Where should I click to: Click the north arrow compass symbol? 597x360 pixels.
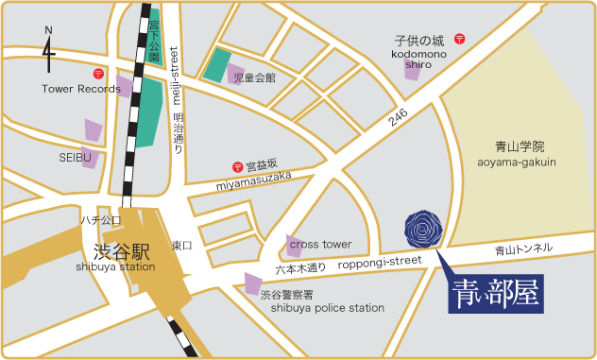click(49, 52)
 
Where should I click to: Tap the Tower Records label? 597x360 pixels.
click(81, 90)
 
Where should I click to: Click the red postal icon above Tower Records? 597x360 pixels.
click(97, 74)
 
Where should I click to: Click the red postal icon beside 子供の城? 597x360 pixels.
click(459, 40)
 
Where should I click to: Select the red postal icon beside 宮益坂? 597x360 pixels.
click(237, 166)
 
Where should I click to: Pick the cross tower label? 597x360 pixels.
click(320, 243)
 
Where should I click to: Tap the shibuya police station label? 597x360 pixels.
click(328, 308)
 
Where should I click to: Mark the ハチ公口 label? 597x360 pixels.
click(100, 219)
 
